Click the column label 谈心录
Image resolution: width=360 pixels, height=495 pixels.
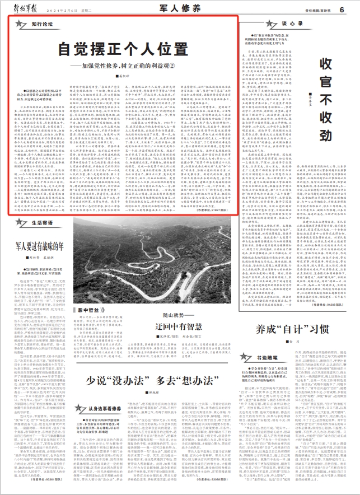point(288,24)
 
